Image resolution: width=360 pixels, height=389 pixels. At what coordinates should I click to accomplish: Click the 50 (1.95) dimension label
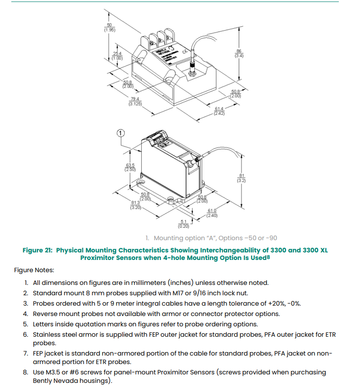tap(109, 27)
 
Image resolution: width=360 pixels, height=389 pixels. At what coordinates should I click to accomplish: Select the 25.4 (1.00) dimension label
tap(117, 56)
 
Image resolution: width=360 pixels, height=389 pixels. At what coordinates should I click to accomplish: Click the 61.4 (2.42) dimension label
tap(219, 112)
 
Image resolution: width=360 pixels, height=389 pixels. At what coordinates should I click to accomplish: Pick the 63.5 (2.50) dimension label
tap(130, 167)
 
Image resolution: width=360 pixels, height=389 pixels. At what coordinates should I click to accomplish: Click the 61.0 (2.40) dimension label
tap(213, 213)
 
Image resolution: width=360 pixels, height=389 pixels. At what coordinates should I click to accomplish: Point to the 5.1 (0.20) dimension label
tap(184, 224)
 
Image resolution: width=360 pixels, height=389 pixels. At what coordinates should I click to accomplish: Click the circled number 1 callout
tap(120, 133)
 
